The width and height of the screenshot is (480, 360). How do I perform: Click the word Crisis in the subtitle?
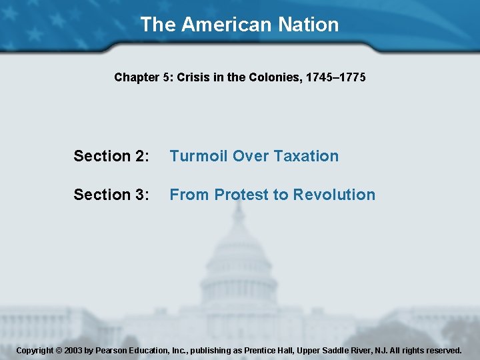(x=193, y=77)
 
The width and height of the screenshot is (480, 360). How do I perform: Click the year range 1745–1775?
(x=335, y=77)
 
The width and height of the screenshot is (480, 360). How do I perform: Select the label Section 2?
(x=111, y=156)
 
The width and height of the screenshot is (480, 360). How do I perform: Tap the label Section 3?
(x=111, y=195)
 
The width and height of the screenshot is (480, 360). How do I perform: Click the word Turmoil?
(x=197, y=156)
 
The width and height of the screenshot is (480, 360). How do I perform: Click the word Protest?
(x=241, y=195)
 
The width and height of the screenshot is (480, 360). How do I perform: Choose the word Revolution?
(x=334, y=195)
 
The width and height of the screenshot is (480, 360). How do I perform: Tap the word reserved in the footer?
(x=442, y=350)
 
